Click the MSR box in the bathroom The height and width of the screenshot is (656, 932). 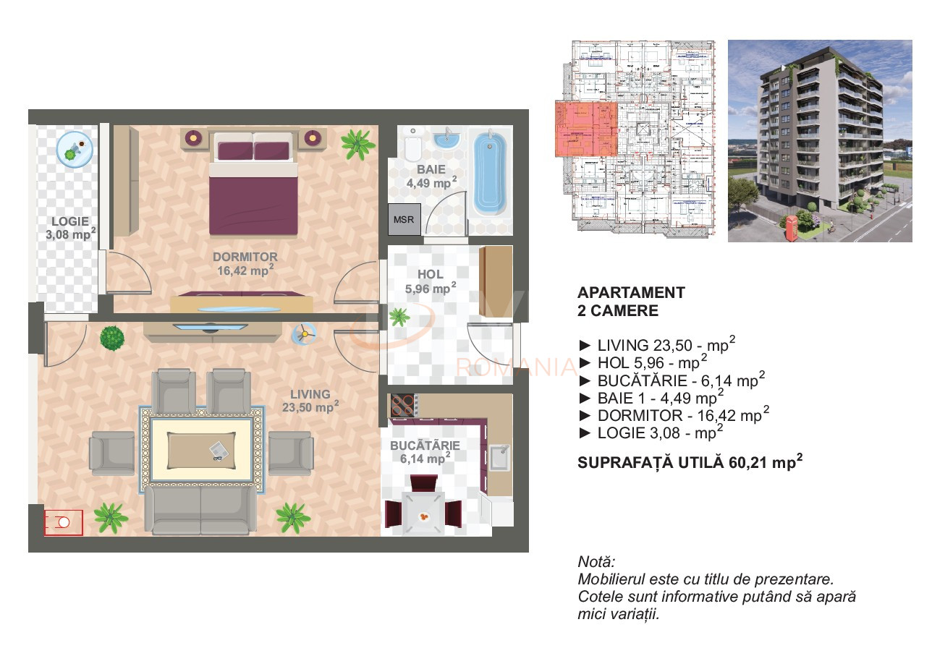coord(403,219)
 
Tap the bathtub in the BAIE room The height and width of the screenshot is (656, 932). coord(490,174)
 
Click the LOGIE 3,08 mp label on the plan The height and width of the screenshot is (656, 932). coord(69,228)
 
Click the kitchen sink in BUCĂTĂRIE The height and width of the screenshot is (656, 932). coord(498,457)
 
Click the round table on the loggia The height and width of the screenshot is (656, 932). coord(75,150)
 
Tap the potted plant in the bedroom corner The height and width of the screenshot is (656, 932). coord(357,144)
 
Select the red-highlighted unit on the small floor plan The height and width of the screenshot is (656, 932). coord(586,129)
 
